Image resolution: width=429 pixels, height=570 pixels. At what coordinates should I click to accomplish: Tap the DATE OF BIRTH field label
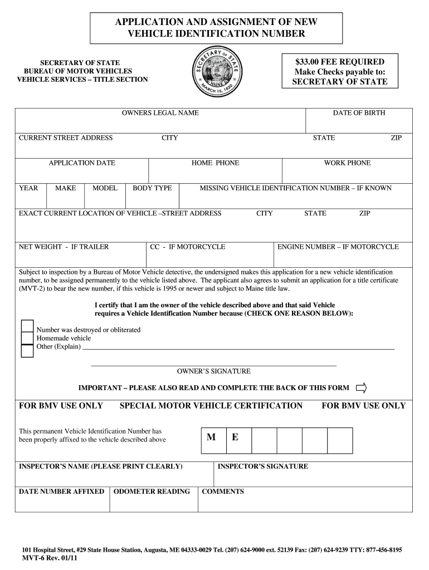(x=359, y=113)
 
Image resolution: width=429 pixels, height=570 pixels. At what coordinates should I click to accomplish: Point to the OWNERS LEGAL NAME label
(x=160, y=113)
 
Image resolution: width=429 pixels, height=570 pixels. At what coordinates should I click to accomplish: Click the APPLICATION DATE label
(x=82, y=163)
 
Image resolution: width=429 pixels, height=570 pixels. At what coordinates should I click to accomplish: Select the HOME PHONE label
(x=215, y=163)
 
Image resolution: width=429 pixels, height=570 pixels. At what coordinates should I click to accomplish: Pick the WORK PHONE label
(x=347, y=163)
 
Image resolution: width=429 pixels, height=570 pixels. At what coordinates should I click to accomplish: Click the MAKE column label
(x=66, y=188)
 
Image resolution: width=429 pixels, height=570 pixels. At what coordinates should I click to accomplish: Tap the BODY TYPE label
(x=152, y=188)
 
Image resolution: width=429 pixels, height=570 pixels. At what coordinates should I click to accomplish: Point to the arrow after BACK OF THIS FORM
(x=362, y=387)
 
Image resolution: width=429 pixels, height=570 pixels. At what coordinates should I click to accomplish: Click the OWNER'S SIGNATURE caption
(x=214, y=371)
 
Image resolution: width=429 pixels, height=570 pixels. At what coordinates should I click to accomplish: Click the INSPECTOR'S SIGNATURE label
(x=262, y=466)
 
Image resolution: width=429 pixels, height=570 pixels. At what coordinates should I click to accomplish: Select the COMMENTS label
(x=223, y=492)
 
